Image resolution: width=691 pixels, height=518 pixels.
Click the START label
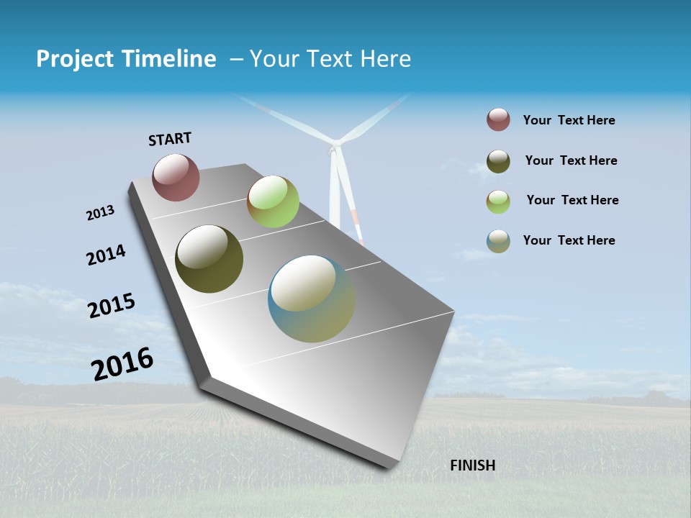[170, 139]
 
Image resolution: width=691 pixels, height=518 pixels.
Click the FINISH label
[472, 465]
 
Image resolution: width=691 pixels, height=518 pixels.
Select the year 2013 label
[100, 213]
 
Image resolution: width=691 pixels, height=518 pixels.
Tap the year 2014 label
[106, 255]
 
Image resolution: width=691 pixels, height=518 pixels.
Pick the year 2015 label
[112, 306]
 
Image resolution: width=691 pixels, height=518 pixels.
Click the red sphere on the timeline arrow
[176, 177]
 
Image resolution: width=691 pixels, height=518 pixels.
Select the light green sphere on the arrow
[273, 201]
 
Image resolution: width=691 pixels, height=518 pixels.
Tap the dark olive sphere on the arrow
[209, 259]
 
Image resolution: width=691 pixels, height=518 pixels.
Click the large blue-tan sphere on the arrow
[311, 299]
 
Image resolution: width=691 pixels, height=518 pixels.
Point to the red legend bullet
[498, 120]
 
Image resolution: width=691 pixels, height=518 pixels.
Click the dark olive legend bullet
[498, 161]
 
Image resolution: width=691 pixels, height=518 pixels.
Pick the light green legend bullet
[498, 201]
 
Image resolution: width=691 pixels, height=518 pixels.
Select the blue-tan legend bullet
[498, 241]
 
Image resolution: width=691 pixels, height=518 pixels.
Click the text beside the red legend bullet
[569, 121]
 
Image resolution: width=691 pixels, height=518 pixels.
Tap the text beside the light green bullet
[572, 200]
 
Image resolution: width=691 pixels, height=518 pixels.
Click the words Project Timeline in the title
[126, 59]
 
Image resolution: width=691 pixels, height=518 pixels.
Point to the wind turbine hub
[334, 150]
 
